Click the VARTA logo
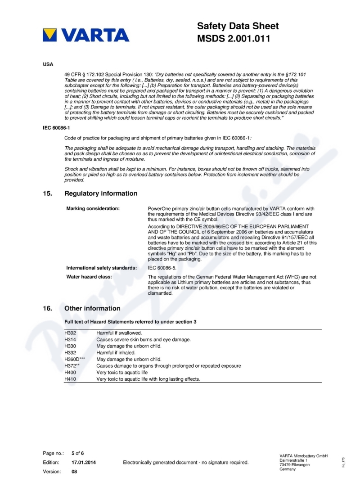[86, 35]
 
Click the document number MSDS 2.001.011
[234, 39]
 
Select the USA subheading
[48, 64]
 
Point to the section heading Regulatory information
[101, 193]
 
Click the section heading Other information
[92, 308]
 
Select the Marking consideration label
[93, 209]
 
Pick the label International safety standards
[102, 268]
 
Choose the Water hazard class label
[89, 277]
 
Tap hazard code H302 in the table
[71, 333]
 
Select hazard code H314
[71, 340]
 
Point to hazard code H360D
[73, 360]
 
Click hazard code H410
[71, 379]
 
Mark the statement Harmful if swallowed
[119, 333]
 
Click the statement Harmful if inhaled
[116, 353]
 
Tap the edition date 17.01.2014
[84, 462]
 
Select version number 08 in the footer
[75, 472]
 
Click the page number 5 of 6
[78, 453]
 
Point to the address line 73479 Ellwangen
[294, 465]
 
